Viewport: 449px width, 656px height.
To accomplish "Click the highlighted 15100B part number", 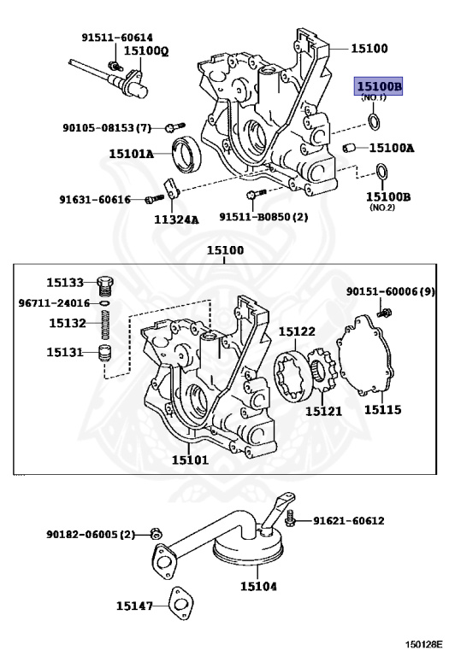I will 379,87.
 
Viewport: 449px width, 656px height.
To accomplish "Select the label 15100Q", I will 146,51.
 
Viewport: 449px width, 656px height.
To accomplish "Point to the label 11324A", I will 175,219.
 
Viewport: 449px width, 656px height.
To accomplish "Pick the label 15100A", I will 391,148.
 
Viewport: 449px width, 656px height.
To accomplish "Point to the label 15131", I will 65,352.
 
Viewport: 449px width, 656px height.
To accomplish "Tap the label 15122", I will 297,331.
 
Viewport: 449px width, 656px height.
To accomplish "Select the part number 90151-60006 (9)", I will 390,292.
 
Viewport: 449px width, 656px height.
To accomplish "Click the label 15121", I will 323,411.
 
